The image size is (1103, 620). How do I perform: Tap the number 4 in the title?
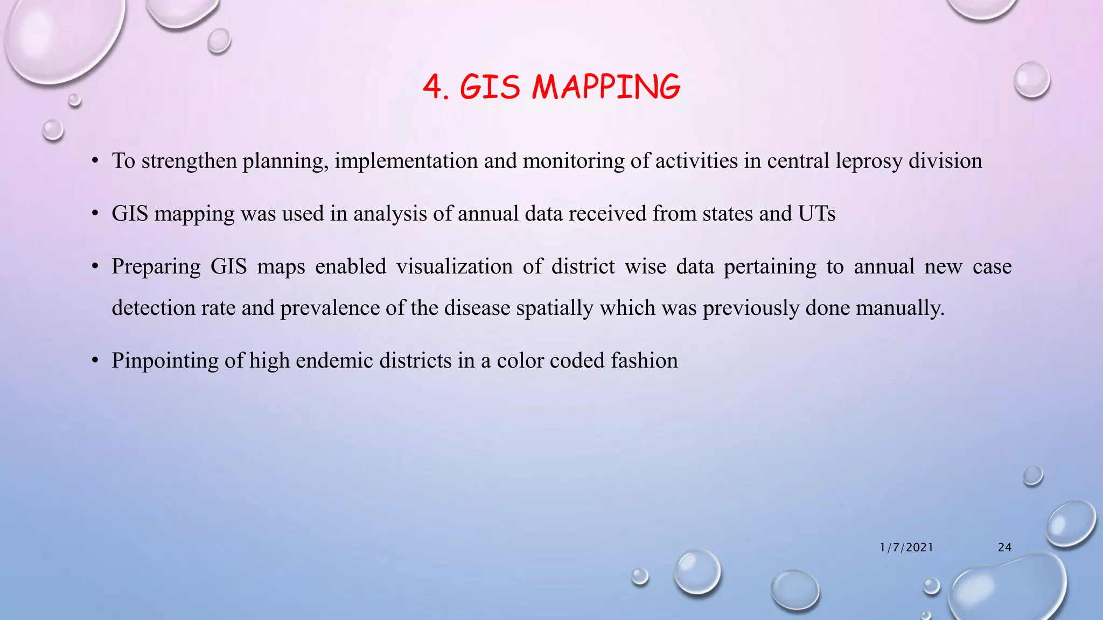click(432, 87)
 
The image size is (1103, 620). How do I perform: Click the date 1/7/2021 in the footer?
click(906, 547)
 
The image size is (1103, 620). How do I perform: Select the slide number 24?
click(1004, 547)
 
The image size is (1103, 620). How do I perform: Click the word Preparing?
click(156, 267)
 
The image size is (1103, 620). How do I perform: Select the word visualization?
click(455, 267)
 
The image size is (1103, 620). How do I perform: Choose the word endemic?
click(334, 361)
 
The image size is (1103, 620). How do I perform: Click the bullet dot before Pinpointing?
click(95, 361)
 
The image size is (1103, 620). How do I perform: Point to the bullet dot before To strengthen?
click(95, 161)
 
